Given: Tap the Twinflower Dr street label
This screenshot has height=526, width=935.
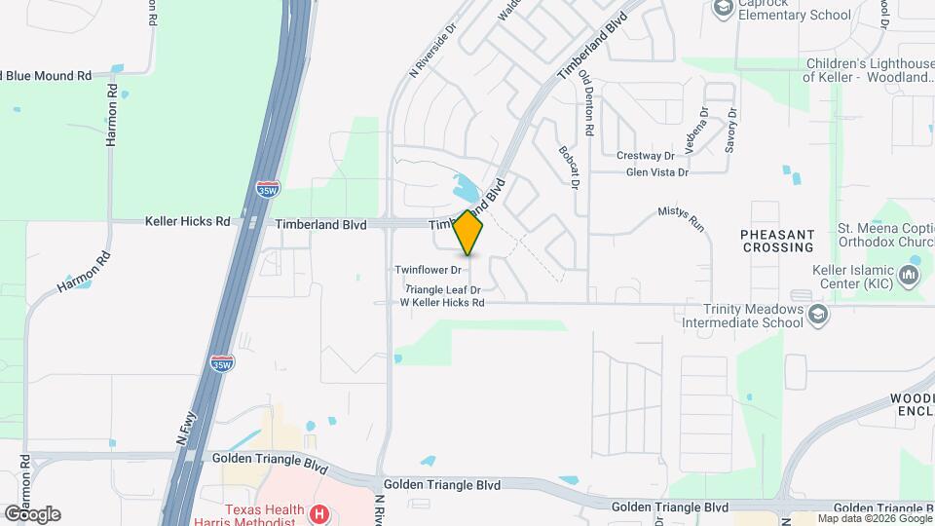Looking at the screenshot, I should point(428,270).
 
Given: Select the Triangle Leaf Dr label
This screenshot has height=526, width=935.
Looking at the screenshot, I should point(443,290).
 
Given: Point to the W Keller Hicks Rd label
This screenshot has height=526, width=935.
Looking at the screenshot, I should point(442,303).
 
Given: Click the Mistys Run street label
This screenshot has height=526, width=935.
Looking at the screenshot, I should point(680,216).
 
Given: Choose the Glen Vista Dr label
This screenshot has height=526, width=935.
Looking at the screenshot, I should point(656,172).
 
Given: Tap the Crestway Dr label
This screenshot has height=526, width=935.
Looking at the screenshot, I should point(645,156).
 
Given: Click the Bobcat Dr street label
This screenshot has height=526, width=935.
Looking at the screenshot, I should point(571,167).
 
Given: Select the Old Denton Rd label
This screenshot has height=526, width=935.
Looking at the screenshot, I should point(587,102).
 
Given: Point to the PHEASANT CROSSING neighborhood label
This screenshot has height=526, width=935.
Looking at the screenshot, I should point(776,241).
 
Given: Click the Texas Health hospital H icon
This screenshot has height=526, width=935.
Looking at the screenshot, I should point(318,513).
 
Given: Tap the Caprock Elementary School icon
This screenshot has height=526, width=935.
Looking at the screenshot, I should point(723,9).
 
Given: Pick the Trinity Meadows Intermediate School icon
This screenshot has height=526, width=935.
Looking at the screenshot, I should point(819,314).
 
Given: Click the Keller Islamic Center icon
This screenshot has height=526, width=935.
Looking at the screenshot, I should point(911,276).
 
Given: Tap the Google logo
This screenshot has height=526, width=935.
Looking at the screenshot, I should point(32,513).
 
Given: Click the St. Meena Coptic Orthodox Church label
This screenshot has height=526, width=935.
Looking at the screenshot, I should point(884,237).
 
